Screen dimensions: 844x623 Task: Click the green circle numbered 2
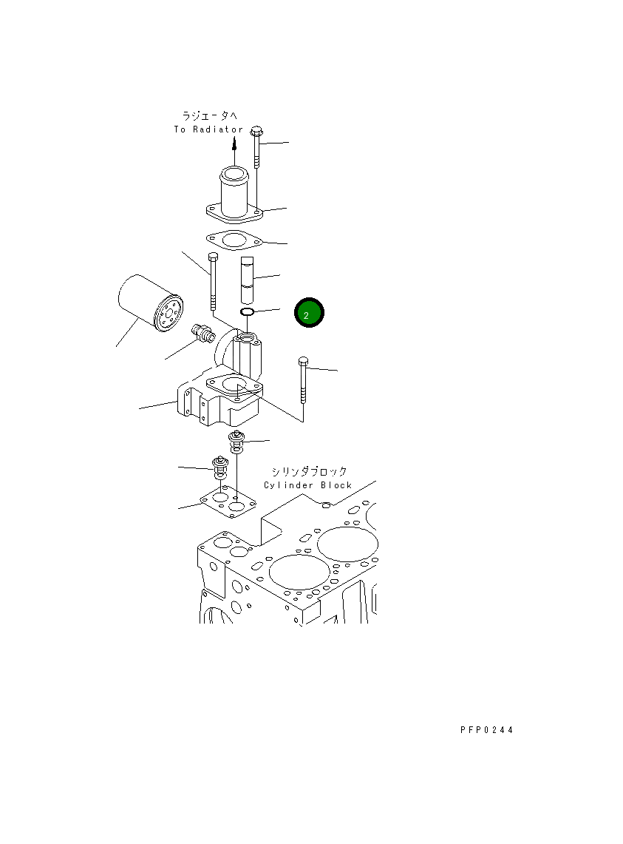click(308, 314)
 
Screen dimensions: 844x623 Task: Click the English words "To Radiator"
click(208, 129)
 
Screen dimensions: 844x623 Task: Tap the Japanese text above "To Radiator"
click(210, 115)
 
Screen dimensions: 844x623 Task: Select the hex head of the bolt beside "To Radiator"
click(256, 132)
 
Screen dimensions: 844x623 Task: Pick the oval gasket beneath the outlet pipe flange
click(234, 240)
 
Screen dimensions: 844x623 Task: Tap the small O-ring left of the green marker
click(248, 314)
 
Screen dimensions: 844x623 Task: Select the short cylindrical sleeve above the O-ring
click(248, 279)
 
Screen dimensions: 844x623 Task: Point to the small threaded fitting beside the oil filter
click(202, 333)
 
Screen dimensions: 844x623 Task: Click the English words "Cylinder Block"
click(308, 485)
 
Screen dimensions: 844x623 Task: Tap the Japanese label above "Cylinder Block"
click(309, 471)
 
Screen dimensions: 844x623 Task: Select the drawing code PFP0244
click(486, 730)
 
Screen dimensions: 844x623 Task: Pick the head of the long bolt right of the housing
click(303, 362)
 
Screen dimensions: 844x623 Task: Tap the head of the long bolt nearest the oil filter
click(213, 257)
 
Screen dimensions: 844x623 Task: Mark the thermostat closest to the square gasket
click(219, 467)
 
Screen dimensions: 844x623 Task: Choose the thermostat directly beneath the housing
click(238, 439)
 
